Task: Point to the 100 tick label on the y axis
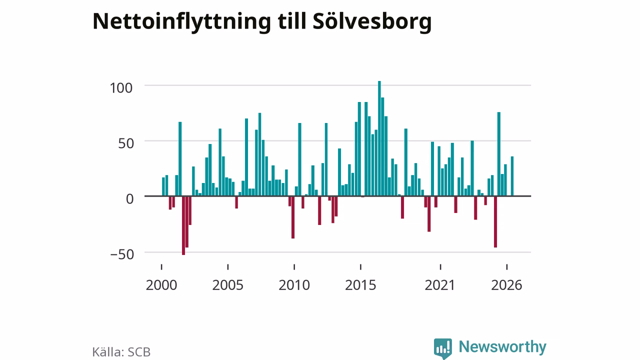tap(121, 88)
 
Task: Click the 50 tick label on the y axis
tap(125, 143)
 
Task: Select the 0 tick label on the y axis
tap(129, 199)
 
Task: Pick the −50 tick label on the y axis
tap(122, 254)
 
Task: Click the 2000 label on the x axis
tap(161, 285)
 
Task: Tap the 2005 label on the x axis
tap(227, 285)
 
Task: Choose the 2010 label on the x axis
tap(294, 285)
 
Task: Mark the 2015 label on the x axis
tap(360, 285)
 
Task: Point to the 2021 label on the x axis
tap(439, 285)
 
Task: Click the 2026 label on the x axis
tap(506, 285)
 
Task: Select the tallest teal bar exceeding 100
tap(379, 138)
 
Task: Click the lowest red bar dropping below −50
tap(183, 225)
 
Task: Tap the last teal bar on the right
tap(512, 176)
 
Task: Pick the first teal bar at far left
tap(163, 187)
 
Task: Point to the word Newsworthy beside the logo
tap(502, 347)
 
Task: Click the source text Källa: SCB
tap(121, 352)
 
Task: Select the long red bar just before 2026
tap(495, 221)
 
